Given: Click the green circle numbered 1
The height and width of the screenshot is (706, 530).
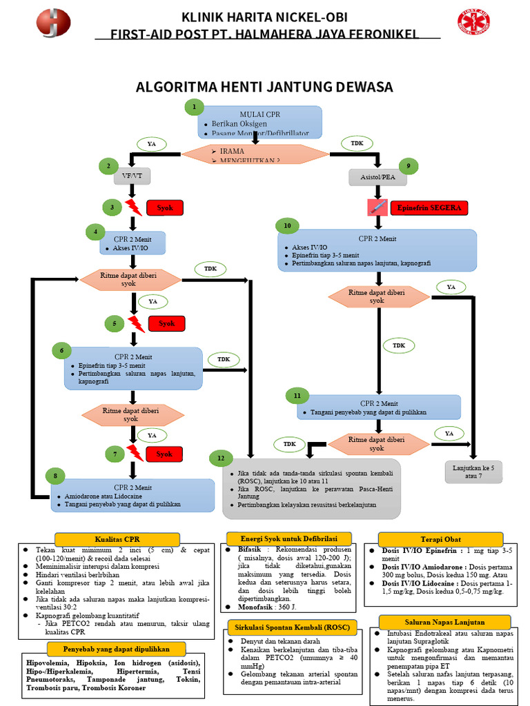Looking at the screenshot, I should [x=194, y=107].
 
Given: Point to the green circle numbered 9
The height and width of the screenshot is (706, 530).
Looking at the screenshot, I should [x=409, y=165].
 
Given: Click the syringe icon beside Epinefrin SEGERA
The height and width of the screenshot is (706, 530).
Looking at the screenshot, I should [x=377, y=207].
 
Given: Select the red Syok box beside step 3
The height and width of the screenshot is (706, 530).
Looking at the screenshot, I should [x=165, y=208].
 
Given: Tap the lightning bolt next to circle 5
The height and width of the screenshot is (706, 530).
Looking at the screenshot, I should [x=135, y=323].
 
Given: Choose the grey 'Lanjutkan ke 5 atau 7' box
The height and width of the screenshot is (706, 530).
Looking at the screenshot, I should [x=473, y=472].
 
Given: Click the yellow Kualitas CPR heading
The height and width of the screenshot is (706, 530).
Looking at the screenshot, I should [x=117, y=538].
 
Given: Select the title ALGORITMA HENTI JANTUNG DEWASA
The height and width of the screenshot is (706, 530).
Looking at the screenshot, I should [x=264, y=88].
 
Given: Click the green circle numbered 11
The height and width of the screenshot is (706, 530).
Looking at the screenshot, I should [x=297, y=396].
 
